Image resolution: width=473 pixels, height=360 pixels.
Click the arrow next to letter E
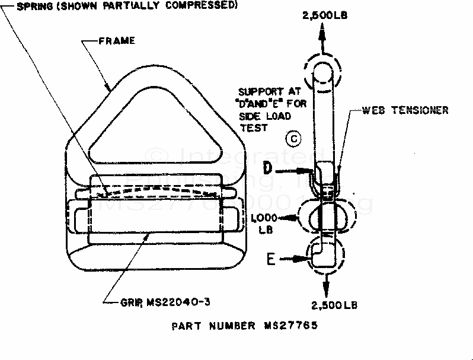click(296, 259)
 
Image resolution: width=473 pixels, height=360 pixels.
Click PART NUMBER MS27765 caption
click(245, 326)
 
